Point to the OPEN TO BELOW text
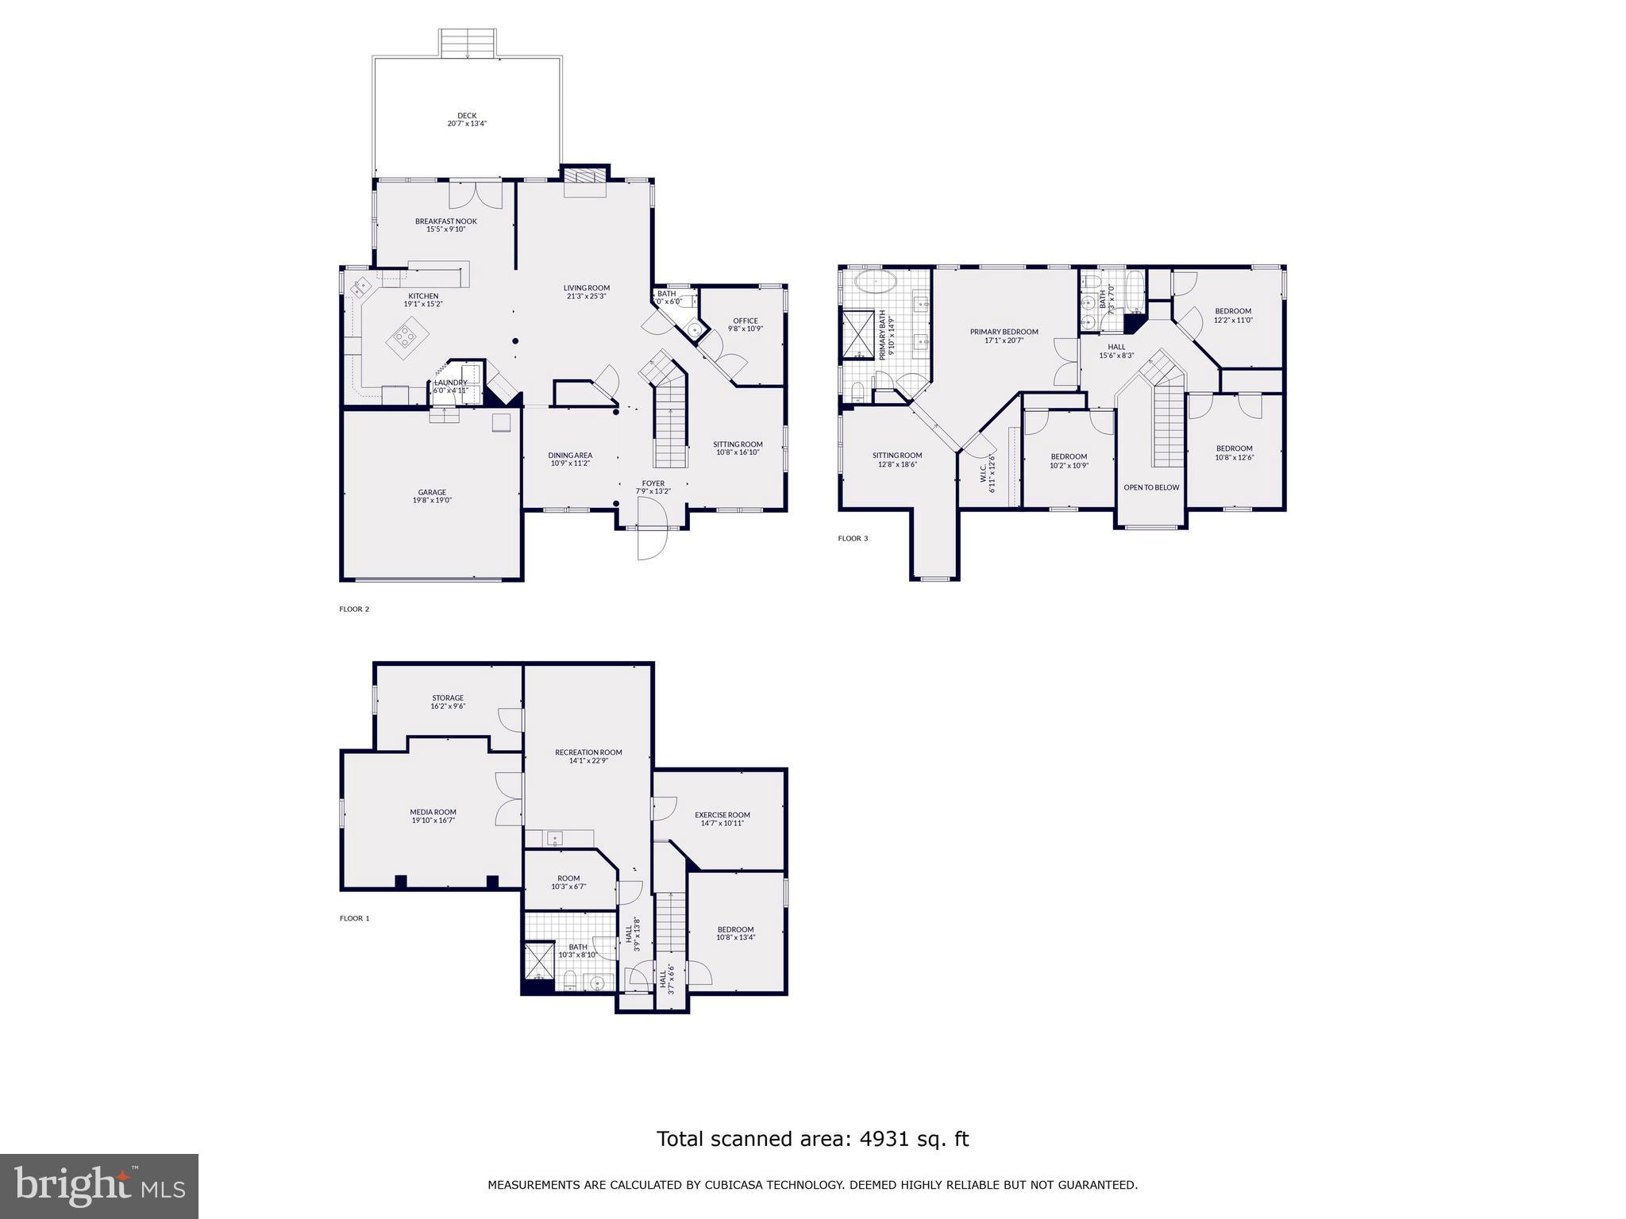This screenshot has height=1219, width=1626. pyautogui.click(x=1151, y=487)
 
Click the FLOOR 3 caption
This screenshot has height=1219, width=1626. pyautogui.click(x=853, y=539)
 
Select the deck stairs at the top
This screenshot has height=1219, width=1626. pyautogui.click(x=468, y=43)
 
